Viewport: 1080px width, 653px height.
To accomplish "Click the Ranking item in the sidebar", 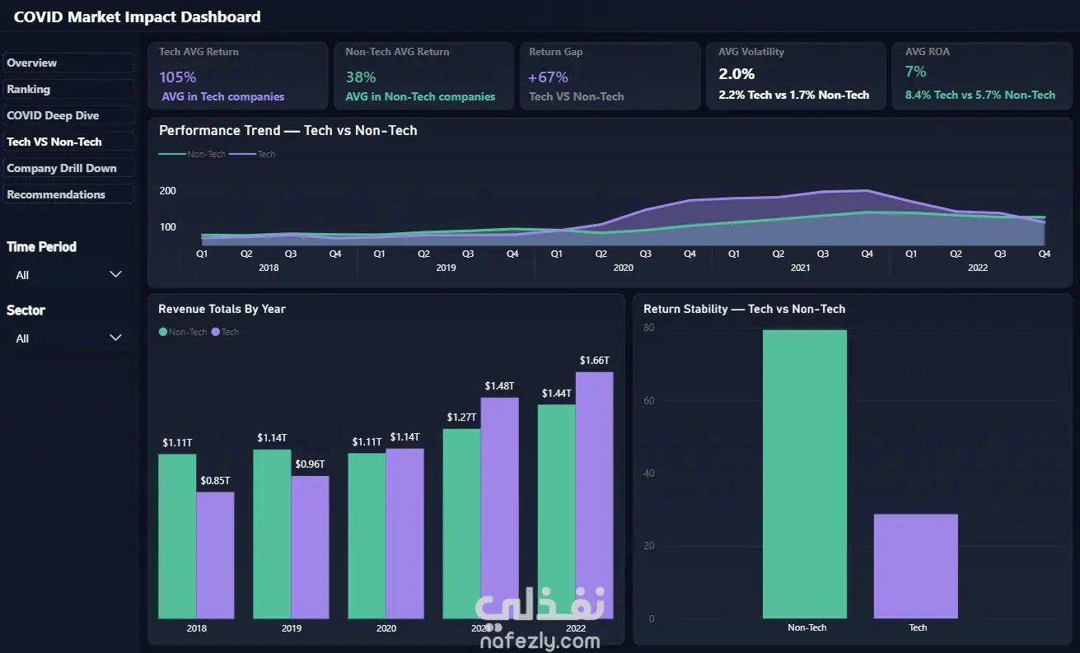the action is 29,89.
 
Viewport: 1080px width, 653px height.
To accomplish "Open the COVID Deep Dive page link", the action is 53,115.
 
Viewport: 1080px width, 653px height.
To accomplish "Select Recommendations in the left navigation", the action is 56,194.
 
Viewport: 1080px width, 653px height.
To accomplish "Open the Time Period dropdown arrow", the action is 115,274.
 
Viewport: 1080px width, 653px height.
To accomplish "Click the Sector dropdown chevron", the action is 115,338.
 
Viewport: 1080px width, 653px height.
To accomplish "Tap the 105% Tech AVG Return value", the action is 177,77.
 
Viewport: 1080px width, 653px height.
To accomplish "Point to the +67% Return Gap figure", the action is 548,77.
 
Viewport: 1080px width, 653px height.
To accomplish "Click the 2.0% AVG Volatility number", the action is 736,74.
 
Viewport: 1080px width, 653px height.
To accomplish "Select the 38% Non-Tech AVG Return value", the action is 361,77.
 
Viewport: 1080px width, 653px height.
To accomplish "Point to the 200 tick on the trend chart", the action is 168,191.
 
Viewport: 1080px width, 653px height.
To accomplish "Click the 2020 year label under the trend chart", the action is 623,268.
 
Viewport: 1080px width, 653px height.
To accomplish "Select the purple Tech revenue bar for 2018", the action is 215,555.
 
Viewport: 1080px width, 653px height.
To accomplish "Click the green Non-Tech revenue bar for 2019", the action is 272,534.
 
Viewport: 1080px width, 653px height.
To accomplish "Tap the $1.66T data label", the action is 595,361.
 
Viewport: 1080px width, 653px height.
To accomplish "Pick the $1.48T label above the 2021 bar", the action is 499,386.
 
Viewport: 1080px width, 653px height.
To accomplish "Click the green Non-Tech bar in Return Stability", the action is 805,474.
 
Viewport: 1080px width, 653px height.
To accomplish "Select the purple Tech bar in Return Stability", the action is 915,567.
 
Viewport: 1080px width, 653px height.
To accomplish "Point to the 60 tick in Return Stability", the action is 649,401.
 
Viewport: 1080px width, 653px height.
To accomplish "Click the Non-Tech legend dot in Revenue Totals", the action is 163,332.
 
